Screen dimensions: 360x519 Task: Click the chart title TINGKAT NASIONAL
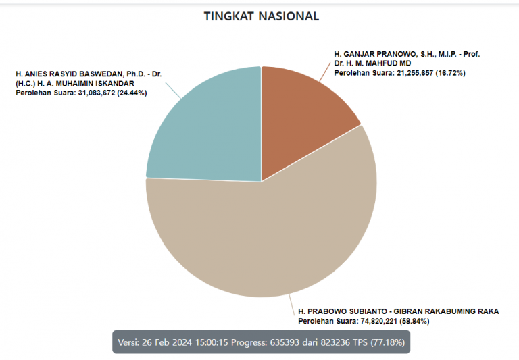pos(261,16)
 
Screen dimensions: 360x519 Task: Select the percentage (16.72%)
pos(451,72)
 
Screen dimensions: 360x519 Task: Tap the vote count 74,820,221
pos(376,321)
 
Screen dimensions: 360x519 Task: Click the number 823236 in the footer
pos(331,342)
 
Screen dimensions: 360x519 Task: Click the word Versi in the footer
pos(129,342)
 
